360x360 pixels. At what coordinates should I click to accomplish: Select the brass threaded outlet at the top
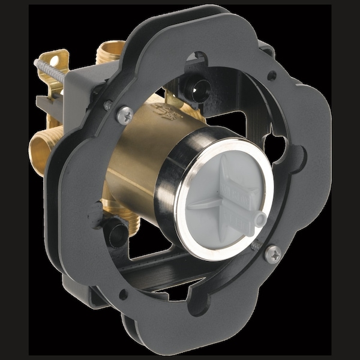[x=112, y=49]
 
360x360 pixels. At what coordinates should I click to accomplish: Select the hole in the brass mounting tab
[x=55, y=61]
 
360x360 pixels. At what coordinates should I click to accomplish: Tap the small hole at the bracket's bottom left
[x=124, y=294]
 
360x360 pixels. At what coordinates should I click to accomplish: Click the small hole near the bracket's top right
[x=272, y=76]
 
